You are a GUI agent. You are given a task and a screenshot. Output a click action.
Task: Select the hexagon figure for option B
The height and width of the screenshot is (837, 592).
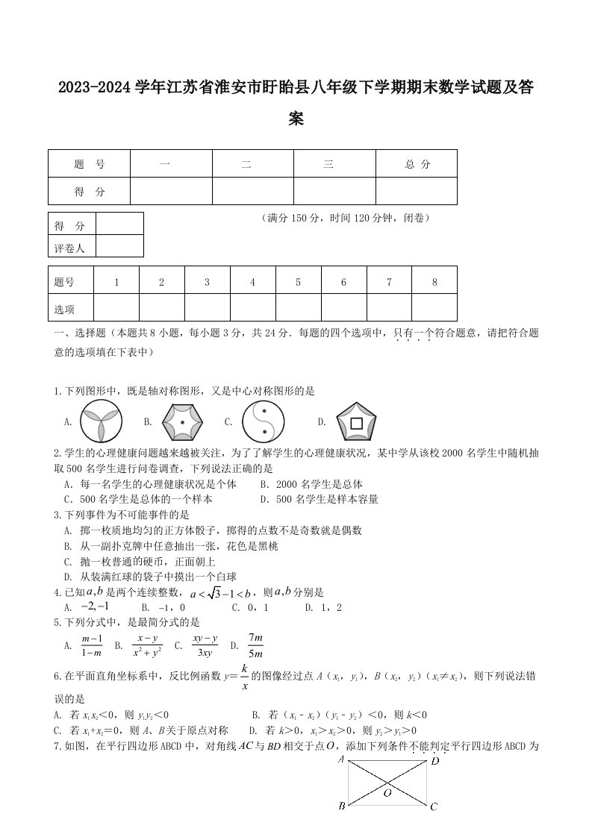coord(182,422)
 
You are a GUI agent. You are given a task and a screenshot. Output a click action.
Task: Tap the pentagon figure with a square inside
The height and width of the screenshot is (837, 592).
coord(356,423)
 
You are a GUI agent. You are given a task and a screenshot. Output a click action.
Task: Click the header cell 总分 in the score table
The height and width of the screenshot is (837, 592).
coord(417,164)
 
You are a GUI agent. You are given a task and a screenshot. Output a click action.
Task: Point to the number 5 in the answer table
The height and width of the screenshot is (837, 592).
coord(298,282)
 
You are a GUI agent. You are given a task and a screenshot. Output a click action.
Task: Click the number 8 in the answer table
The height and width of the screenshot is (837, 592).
coord(434,282)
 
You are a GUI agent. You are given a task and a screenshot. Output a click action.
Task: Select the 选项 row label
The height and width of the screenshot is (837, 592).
coord(64,308)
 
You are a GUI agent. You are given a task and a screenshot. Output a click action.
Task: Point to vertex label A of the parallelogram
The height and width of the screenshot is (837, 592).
coord(340,760)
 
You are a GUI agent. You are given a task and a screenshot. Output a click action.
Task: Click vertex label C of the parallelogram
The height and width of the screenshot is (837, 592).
coord(434,806)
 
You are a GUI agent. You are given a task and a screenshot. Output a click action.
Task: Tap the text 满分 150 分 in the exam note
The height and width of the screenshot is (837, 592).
coord(292,219)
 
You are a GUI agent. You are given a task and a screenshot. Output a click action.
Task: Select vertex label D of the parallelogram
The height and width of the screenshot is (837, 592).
coord(434,760)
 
